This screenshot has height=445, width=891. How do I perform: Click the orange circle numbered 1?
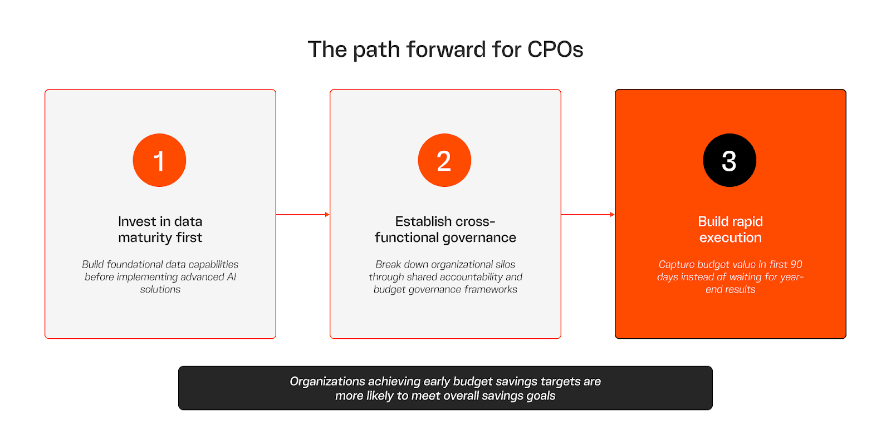[x=159, y=160]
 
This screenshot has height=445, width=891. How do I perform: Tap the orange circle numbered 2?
[x=444, y=160]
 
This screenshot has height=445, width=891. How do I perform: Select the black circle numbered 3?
[x=730, y=160]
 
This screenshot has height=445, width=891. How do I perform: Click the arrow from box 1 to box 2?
[x=303, y=215]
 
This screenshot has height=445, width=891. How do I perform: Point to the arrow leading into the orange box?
[x=588, y=215]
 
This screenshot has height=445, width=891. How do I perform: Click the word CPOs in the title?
[x=555, y=50]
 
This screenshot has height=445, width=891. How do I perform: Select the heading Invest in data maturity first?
[x=160, y=229]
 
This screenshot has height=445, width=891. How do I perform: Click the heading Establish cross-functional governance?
[x=445, y=229]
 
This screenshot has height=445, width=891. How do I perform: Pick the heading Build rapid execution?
[x=730, y=229]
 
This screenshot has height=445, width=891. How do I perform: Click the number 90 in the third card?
[x=796, y=265]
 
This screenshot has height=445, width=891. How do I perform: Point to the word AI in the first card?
[x=232, y=277]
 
